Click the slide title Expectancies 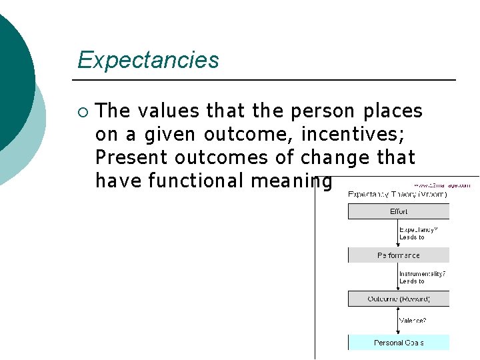(x=148, y=60)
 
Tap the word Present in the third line (x=131, y=157)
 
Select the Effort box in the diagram (x=399, y=211)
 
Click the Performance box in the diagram (x=399, y=255)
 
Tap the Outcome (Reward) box (x=399, y=299)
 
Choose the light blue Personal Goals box (x=399, y=343)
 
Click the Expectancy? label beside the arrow (x=419, y=229)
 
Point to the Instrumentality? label (x=422, y=273)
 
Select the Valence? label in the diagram (x=413, y=320)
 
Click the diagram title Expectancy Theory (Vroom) (x=398, y=194)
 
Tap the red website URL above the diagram (x=446, y=184)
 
